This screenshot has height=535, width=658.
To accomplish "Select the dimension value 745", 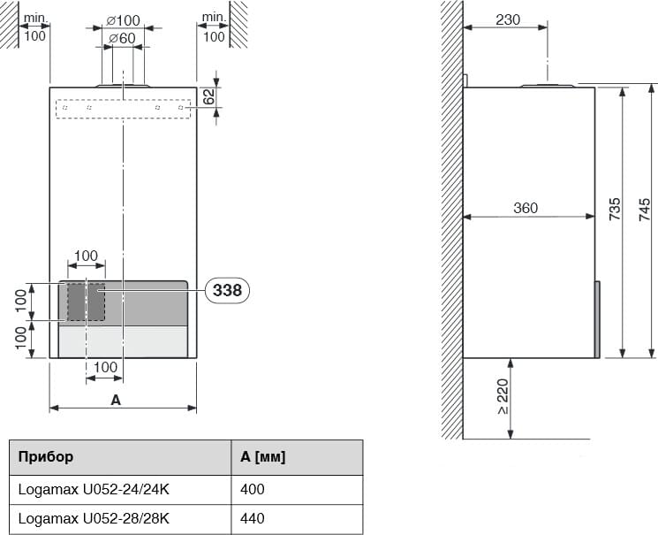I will tap(645, 209).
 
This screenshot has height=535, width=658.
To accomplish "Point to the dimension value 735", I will tap(614, 209).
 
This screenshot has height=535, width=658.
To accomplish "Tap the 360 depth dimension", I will tap(526, 209).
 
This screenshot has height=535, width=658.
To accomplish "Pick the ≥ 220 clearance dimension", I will tap(503, 398).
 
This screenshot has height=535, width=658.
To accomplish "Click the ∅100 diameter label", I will tap(122, 20).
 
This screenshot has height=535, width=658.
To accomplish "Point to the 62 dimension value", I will tap(209, 97).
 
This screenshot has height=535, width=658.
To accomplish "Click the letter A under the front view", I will tap(116, 400).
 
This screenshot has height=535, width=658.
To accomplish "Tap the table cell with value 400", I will tap(252, 488).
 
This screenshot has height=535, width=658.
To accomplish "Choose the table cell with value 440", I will tap(252, 518).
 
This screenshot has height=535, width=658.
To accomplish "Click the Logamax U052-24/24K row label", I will tap(94, 488).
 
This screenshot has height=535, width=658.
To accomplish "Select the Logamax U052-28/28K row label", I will tap(94, 518).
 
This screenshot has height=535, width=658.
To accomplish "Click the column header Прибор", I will tap(46, 457).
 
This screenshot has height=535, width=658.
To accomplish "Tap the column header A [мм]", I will tap(262, 457).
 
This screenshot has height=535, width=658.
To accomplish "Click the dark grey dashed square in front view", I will tap(86, 302).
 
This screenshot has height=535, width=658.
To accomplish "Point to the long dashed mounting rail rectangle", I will tap(123, 109).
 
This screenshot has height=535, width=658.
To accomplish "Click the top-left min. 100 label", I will tap(34, 27).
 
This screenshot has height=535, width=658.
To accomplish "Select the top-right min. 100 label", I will tap(214, 27).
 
